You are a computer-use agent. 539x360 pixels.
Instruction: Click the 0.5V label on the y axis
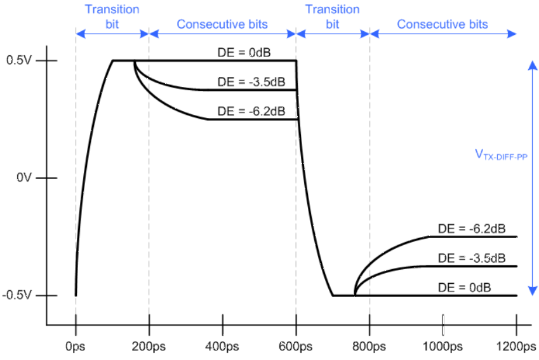[x=18, y=61]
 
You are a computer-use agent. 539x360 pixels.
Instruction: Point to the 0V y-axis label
[x=23, y=178]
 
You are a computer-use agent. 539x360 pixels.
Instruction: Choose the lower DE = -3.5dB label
[x=472, y=258]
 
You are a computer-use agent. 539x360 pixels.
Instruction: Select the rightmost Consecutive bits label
[x=443, y=24]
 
